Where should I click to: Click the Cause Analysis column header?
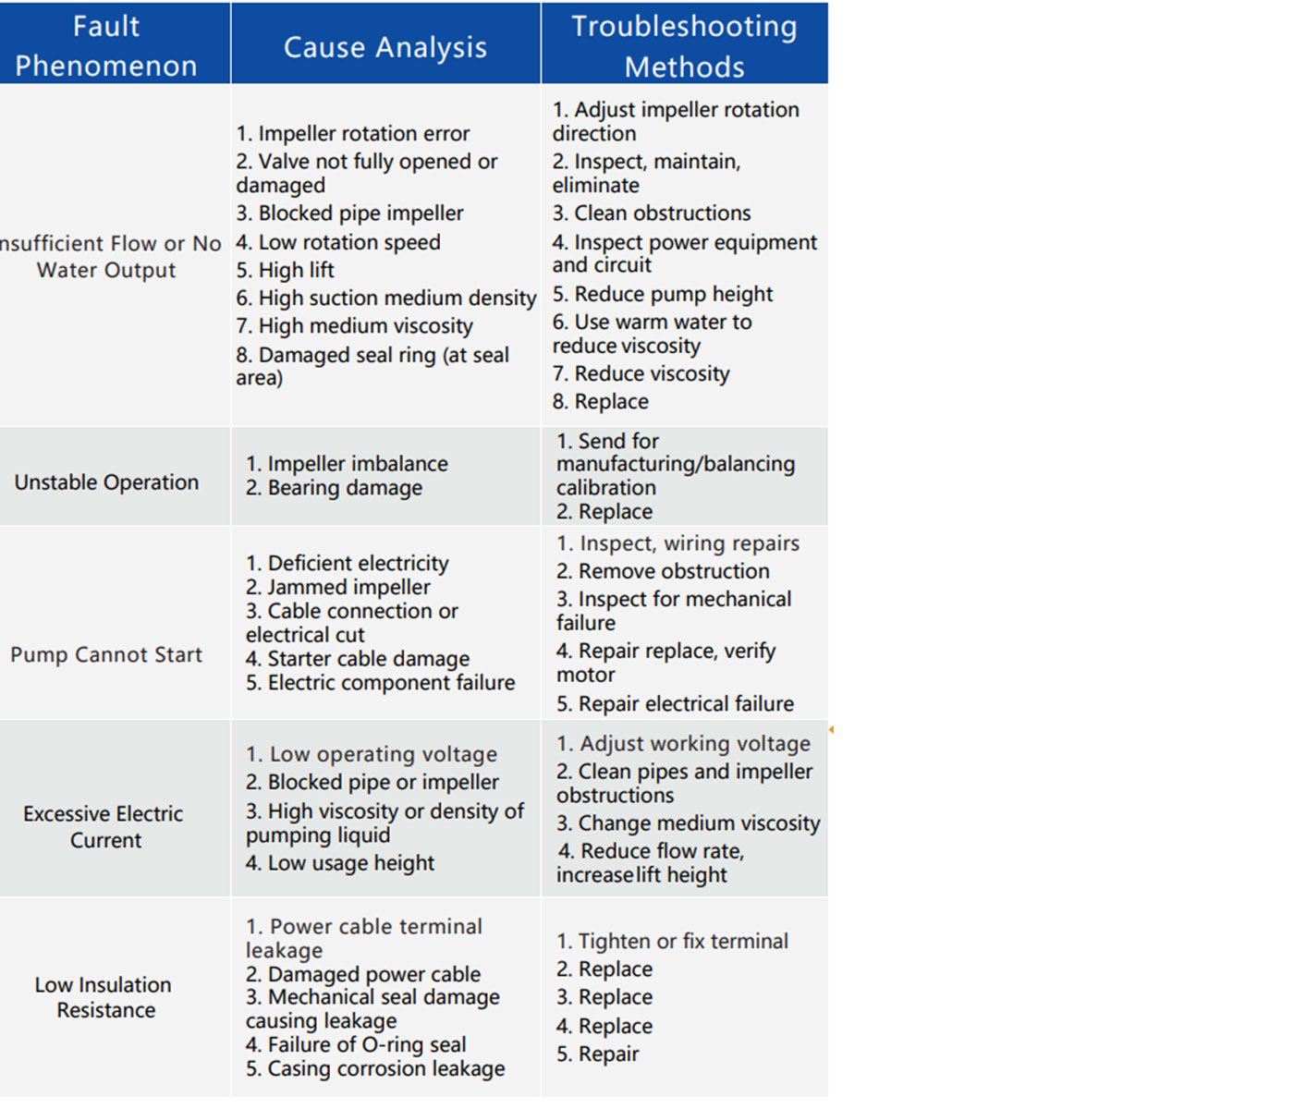385,47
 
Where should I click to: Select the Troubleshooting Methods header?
684,46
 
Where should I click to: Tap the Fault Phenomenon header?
106,46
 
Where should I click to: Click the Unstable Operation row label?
106,482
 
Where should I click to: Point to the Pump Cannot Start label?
106,655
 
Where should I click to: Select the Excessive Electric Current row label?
104,827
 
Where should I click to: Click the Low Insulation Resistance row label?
104,998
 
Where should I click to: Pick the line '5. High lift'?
285,271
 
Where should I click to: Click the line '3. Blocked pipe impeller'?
349,213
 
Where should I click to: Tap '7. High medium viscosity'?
354,326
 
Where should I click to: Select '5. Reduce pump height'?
663,295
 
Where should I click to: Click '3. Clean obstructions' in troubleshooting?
652,213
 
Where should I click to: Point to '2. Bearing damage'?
334,488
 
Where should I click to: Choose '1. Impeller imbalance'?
347,464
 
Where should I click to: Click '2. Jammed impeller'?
337,587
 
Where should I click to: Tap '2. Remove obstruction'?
663,572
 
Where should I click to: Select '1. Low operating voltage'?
372,755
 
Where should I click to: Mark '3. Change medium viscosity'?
688,823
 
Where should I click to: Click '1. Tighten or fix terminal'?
672,942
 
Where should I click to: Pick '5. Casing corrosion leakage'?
375,1069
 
